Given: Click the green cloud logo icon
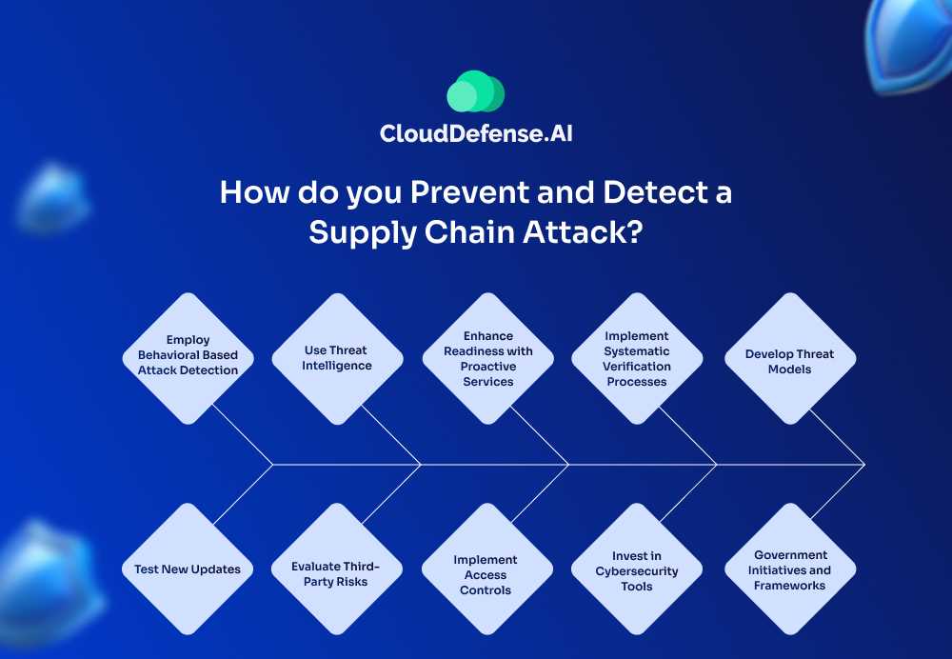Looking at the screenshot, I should pos(475,92).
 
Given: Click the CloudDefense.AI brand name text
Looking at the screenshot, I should pos(476,133).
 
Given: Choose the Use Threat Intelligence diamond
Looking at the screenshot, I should pos(337,358).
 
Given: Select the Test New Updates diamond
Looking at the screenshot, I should pos(188,569).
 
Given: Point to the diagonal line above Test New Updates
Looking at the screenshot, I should pos(243,494).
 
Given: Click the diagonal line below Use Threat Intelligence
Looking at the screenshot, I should pos(391,436).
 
